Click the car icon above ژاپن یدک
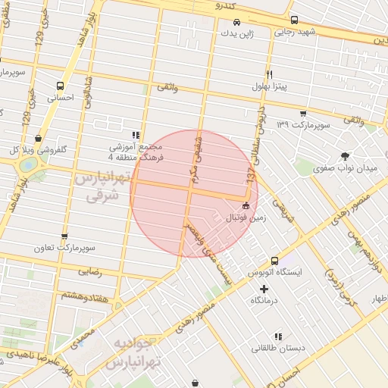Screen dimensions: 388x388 pos(237,22)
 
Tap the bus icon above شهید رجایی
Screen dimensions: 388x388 pos(294,20)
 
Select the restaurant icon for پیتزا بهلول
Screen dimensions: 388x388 pos(269,74)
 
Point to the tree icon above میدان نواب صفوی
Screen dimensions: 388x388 pos(346,155)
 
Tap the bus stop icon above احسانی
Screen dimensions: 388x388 pos(60,86)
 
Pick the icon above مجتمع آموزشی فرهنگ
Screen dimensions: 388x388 pos(136,134)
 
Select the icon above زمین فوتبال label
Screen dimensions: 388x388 pos(246,205)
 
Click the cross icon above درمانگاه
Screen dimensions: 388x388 pos(264,289)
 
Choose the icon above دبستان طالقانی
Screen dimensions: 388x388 pos(278,336)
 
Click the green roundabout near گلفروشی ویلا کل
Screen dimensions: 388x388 pos(27,164)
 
